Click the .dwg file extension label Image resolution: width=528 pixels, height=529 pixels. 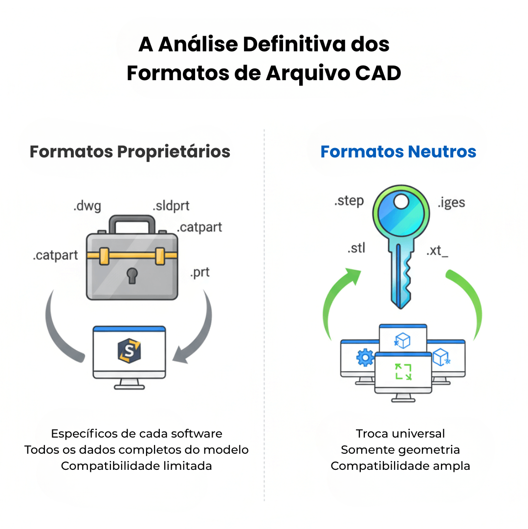pyautogui.click(x=87, y=206)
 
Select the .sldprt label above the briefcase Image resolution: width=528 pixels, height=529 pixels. pyautogui.click(x=171, y=206)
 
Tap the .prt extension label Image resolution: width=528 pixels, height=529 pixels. pyautogui.click(x=200, y=272)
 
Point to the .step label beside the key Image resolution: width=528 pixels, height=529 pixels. pyautogui.click(x=349, y=201)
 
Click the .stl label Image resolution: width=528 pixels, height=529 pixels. pyautogui.click(x=356, y=248)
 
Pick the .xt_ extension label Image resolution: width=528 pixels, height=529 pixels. pyautogui.click(x=437, y=251)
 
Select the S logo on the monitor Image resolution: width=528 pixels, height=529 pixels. pyautogui.click(x=129, y=351)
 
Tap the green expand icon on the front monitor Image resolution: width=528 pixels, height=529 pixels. pyautogui.click(x=403, y=372)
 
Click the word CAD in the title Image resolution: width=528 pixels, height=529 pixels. pyautogui.click(x=377, y=73)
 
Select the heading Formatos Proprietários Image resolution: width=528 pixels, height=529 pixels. pyautogui.click(x=130, y=152)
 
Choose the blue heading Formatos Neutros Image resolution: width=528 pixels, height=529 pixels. pyautogui.click(x=398, y=152)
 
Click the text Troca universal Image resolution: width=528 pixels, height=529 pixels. pyautogui.click(x=400, y=433)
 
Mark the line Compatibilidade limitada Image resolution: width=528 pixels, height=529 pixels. pyautogui.click(x=136, y=465)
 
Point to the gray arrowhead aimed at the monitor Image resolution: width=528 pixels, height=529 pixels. pyautogui.click(x=182, y=355)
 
